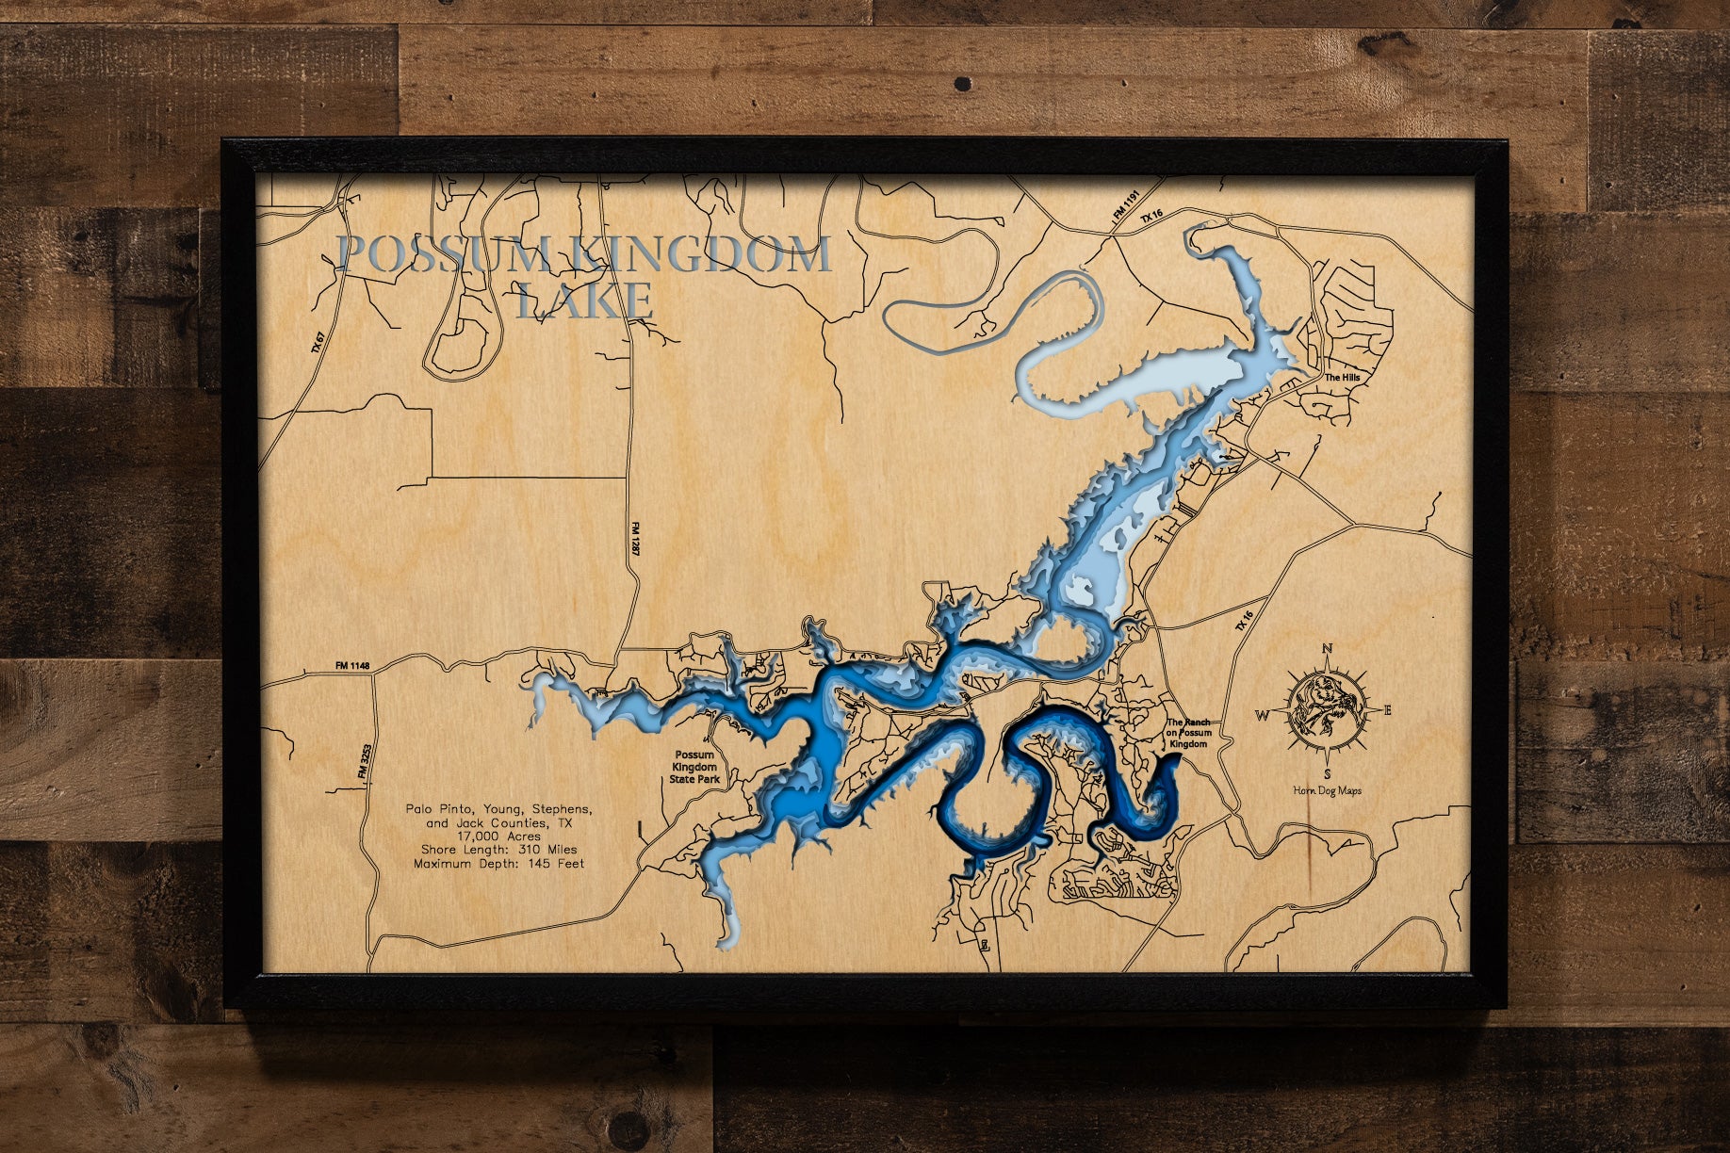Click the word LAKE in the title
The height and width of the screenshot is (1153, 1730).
[x=585, y=300]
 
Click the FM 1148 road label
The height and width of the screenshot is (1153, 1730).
[x=352, y=666]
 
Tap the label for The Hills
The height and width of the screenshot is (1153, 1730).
[x=1342, y=378]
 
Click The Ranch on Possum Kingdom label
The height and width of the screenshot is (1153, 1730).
[x=1188, y=733]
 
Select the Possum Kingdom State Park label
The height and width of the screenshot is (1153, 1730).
[x=694, y=767]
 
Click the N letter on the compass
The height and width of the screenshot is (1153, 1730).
[x=1328, y=648]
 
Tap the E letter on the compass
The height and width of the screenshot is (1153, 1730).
[x=1387, y=710]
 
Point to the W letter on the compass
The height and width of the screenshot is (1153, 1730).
[x=1262, y=715]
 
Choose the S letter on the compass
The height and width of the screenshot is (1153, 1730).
[x=1328, y=774]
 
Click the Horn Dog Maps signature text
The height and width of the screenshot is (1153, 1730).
[x=1327, y=791]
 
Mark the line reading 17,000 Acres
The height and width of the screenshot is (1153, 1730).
[x=498, y=836]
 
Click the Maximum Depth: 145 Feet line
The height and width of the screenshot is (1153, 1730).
[x=498, y=863]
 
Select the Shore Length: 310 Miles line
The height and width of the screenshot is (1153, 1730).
[x=498, y=850]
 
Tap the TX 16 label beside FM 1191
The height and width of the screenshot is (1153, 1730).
[x=1152, y=216]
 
